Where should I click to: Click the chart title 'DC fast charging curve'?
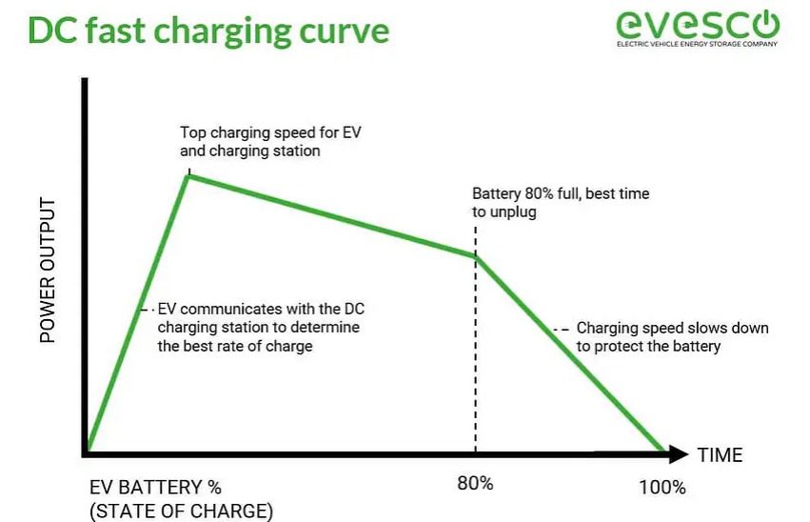(208, 30)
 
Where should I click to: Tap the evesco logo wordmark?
(698, 25)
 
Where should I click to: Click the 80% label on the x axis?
(475, 483)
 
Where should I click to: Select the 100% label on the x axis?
(662, 488)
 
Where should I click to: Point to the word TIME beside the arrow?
(721, 454)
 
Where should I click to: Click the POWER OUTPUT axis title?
(48, 270)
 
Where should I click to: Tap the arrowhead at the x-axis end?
(678, 454)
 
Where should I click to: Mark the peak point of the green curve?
(189, 176)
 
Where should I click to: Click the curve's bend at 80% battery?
(475, 256)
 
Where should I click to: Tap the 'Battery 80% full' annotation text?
(561, 203)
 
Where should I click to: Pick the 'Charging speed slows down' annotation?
(673, 337)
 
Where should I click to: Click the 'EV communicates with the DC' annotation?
(261, 327)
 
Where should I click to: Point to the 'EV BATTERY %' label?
(155, 488)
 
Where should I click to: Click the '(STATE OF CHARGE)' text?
(181, 511)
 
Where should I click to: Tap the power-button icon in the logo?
(765, 23)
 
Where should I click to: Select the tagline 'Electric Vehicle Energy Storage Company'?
(697, 44)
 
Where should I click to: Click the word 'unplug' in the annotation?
(512, 212)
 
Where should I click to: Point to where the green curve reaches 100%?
(662, 451)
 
